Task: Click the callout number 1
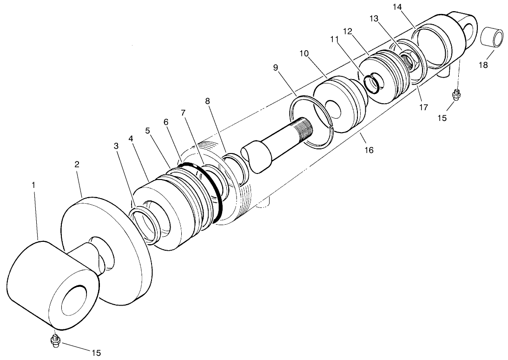(33, 185)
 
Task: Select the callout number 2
(77, 164)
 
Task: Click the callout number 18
(483, 65)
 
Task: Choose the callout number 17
(422, 107)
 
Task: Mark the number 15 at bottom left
(95, 353)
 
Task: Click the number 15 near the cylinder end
(442, 118)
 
